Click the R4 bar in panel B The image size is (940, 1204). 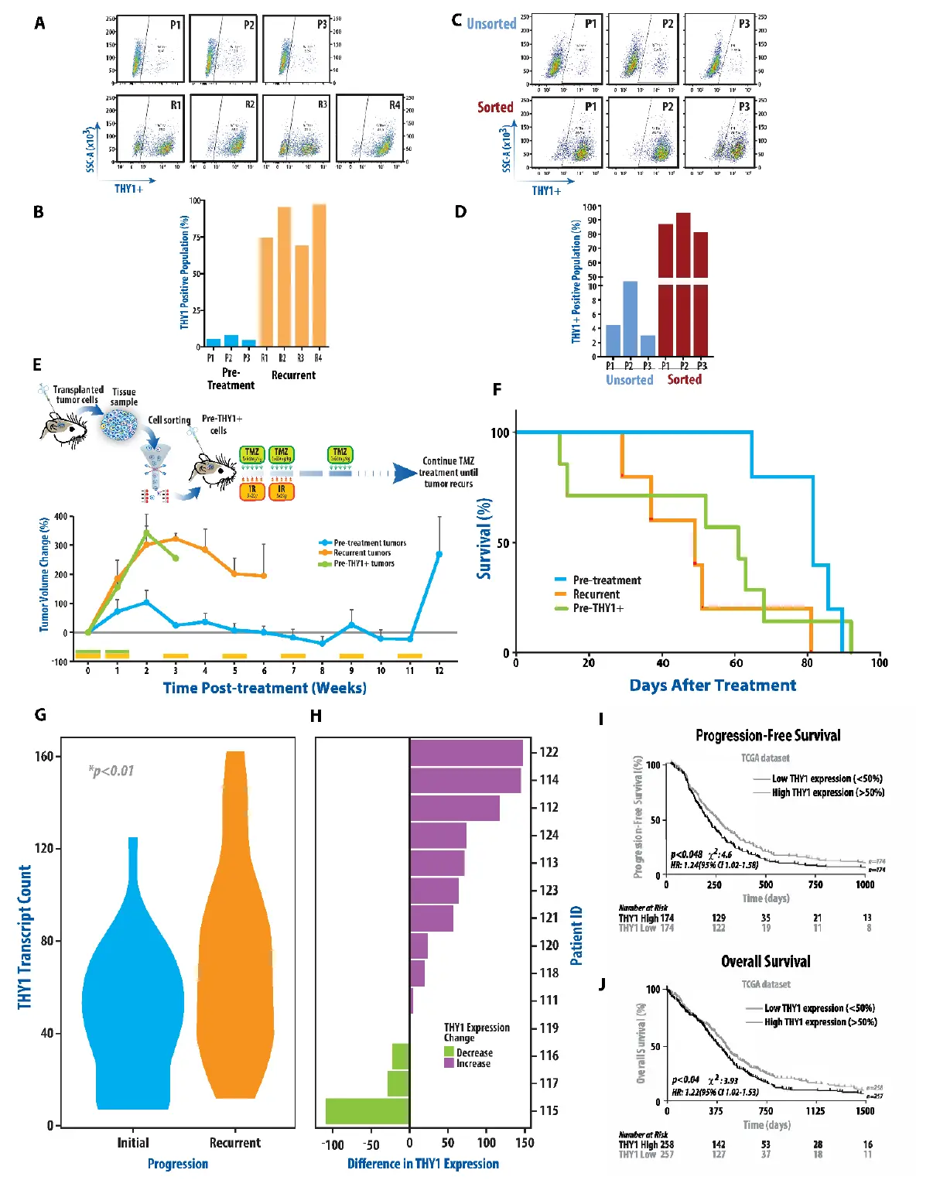point(319,275)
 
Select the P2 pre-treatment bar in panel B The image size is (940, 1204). point(231,340)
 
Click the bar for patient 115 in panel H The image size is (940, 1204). point(367,1110)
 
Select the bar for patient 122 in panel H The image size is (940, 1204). point(467,752)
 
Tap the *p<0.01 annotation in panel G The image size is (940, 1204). point(111,771)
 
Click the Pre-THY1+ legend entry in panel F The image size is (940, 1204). point(597,608)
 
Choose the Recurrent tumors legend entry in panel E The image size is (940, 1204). point(362,553)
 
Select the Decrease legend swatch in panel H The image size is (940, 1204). point(449,1052)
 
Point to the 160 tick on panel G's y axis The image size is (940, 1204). point(44,756)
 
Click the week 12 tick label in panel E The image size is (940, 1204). point(439,670)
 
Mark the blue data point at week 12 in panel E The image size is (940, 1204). point(439,554)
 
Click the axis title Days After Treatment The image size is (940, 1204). point(713,686)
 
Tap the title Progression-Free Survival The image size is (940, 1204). point(767,736)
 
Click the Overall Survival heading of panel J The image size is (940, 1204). point(766,962)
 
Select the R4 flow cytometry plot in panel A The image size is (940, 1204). point(370,128)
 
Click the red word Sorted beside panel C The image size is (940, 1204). point(495,108)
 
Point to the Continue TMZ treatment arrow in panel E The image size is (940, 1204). point(405,473)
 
